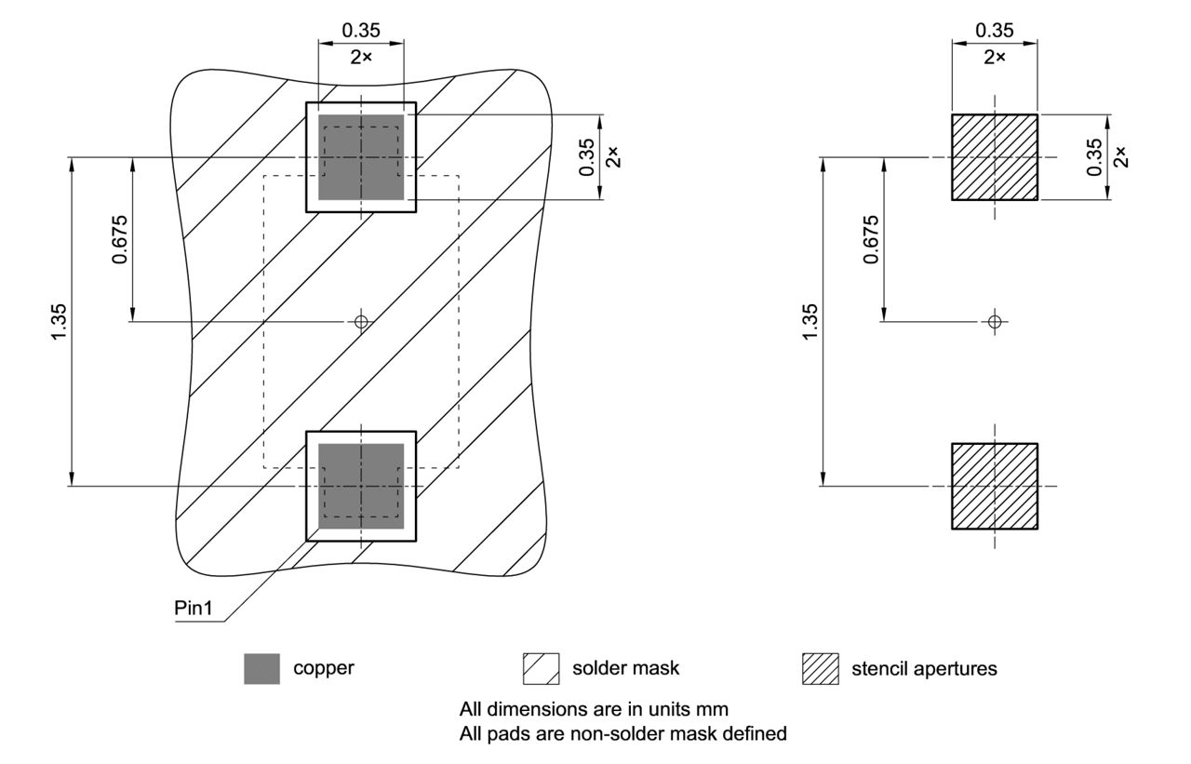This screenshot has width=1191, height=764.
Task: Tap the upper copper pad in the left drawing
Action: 361,157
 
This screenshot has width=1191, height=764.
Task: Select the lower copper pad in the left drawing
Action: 361,486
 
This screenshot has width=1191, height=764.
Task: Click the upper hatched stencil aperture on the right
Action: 994,157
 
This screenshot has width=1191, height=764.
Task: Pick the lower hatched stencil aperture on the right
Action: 994,486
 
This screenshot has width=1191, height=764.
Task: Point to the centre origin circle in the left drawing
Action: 361,322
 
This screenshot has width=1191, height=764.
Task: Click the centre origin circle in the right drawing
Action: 994,322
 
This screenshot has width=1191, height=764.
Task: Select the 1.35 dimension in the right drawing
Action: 811,322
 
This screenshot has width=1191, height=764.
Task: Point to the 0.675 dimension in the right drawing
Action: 871,239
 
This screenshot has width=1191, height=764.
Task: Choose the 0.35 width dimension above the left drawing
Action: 361,31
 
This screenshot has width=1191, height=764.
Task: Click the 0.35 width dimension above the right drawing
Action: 994,31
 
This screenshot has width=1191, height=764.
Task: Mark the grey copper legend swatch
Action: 261,668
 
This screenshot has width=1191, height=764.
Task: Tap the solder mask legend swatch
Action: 540,668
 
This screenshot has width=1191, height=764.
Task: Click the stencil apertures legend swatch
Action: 819,668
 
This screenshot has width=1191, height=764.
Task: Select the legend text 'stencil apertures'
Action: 924,668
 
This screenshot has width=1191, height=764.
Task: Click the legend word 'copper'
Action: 324,668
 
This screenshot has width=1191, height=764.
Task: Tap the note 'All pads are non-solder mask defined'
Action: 623,733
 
